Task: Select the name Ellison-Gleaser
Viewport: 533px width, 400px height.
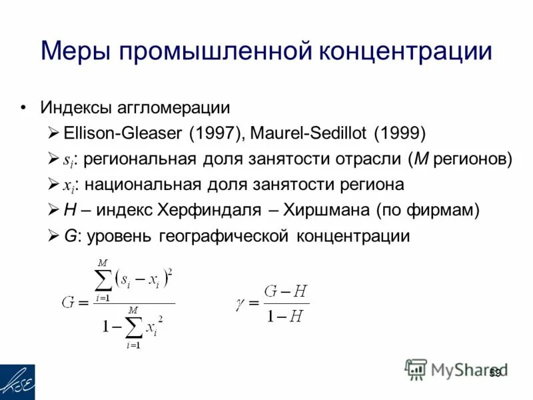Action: pos(123,133)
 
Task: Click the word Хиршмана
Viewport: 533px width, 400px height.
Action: pos(326,210)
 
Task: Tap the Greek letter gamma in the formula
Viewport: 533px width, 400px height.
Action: pos(241,303)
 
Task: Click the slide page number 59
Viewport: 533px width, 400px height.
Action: pos(494,373)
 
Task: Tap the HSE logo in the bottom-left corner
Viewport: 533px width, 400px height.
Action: pos(17,382)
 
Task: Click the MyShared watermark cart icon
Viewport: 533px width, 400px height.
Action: pos(416,369)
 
